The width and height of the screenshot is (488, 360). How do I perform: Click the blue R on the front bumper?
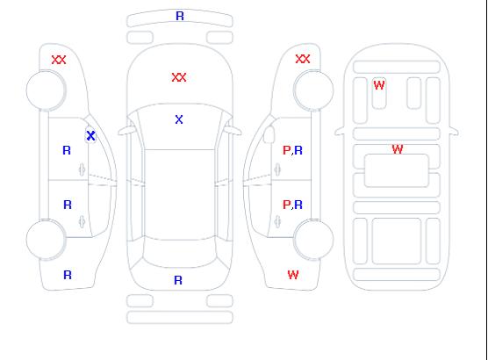[180, 16]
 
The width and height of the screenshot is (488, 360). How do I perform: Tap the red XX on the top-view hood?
[179, 77]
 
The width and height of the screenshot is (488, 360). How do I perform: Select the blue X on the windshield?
[179, 119]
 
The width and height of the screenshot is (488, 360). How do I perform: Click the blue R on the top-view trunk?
[178, 280]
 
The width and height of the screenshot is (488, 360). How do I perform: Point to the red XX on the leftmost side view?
[59, 60]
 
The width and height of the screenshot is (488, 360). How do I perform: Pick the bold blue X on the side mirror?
[91, 136]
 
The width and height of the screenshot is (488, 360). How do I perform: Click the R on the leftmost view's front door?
[67, 150]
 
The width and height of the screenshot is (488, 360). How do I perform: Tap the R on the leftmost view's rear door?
[68, 205]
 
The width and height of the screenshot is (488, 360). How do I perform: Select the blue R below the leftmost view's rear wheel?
[68, 275]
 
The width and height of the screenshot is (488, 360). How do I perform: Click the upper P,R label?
[292, 150]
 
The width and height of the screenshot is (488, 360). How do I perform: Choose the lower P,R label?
[292, 205]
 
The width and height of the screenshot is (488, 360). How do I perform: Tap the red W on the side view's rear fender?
[293, 275]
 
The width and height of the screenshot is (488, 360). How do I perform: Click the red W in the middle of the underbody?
[398, 149]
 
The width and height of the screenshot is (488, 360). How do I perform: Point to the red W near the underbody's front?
[379, 85]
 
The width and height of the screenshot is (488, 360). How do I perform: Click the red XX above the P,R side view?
[303, 59]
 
